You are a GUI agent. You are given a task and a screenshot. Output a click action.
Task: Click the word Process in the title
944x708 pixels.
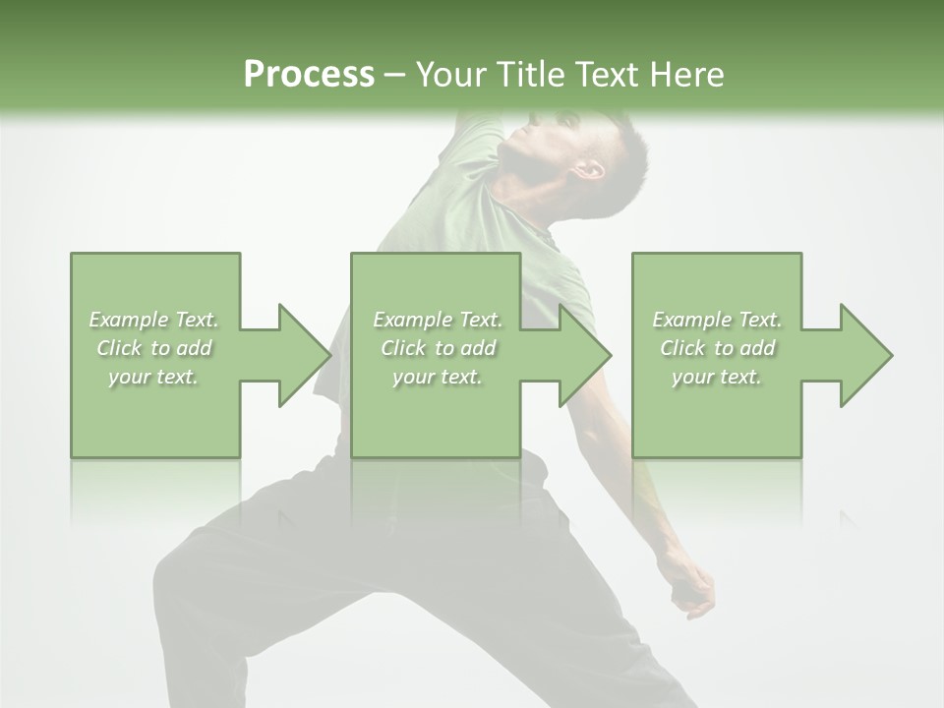(x=309, y=75)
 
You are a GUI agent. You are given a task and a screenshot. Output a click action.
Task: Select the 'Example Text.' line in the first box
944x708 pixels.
(x=154, y=320)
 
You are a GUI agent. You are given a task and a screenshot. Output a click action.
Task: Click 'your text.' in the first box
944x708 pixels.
(x=154, y=377)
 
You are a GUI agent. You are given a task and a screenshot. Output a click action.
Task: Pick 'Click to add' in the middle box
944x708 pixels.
(x=438, y=348)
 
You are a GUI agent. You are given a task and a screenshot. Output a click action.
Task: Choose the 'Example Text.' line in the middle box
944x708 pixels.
(x=438, y=320)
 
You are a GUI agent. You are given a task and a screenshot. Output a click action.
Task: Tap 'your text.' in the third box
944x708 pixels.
(x=717, y=377)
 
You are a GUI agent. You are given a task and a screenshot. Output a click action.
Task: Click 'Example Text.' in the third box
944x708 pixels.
(x=717, y=320)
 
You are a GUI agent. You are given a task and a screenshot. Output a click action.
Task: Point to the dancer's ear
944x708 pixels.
(x=589, y=168)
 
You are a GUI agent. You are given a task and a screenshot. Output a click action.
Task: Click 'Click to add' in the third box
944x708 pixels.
(x=717, y=348)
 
